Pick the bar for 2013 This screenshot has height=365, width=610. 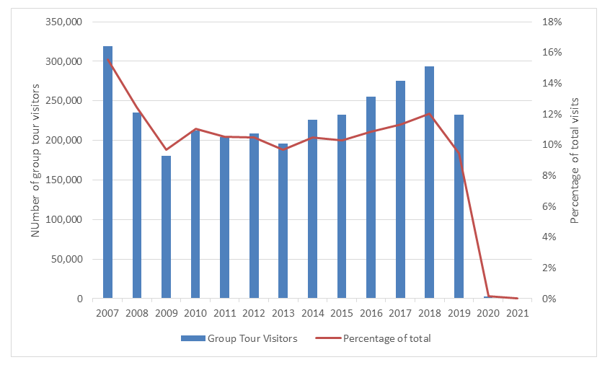(283, 221)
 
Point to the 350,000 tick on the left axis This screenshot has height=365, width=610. (63, 22)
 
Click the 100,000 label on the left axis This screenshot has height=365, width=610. (63, 219)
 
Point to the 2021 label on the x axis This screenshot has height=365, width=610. (517, 313)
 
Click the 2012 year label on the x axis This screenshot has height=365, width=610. (254, 313)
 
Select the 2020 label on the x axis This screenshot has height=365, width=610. (488, 313)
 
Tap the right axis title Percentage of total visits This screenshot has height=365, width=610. (575, 160)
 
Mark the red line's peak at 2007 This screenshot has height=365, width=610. (107, 59)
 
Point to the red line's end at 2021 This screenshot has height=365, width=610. (517, 298)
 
